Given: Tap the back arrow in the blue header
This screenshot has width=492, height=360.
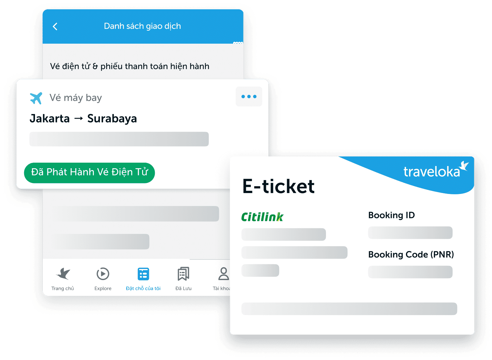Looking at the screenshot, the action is coord(55,26).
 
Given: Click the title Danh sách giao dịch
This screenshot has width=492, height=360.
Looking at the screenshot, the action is coord(142,26).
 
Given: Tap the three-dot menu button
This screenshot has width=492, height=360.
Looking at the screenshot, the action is coord(249,96).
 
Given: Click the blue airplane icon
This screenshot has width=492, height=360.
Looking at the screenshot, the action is coord(36,98).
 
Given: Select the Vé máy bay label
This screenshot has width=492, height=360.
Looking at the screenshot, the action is coord(76,98).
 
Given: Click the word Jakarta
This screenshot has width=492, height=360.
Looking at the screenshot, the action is coord(50,118).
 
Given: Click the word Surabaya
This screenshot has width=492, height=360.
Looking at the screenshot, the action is coord(112,119).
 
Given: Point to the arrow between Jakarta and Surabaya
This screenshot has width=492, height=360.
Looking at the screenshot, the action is coord(79,119).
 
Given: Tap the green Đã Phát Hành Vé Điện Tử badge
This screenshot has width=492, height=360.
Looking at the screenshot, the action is coord(89,173).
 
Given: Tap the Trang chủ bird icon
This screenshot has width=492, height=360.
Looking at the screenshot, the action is coord(63,274).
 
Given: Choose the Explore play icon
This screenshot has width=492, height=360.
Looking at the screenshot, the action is coord(103,274).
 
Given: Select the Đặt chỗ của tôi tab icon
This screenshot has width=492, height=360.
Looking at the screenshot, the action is coord(143,274).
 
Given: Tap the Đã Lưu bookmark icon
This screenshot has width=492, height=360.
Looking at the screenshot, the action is coord(183,274).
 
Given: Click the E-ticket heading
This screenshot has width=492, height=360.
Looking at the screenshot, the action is coord(278,187).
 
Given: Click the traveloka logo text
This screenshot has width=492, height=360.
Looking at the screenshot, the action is coord(432,172).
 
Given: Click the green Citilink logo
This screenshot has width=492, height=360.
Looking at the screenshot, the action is coord(262,217).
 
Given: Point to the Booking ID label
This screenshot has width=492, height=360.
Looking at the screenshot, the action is coord(391,215).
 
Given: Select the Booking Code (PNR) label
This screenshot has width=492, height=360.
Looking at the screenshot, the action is coord(411,254).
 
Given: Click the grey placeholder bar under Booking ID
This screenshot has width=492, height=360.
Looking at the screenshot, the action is coord(410,233).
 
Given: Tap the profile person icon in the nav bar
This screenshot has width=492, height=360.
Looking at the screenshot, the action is coord(224,274).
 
